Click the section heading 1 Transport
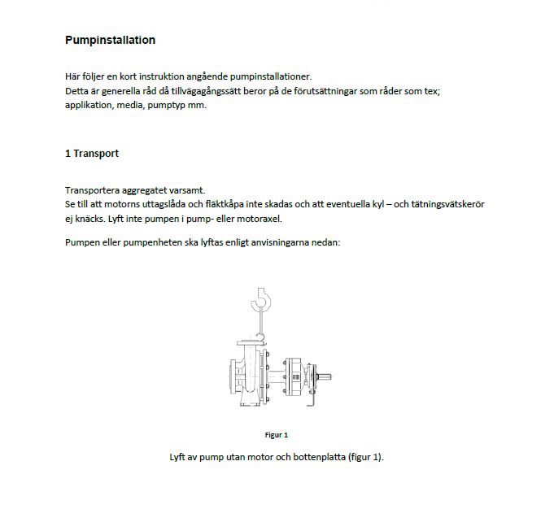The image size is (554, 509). pyautogui.click(x=92, y=153)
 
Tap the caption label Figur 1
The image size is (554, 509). pyautogui.click(x=277, y=435)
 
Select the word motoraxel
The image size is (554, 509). pyautogui.click(x=259, y=219)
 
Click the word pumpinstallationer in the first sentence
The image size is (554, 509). pyautogui.click(x=260, y=76)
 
